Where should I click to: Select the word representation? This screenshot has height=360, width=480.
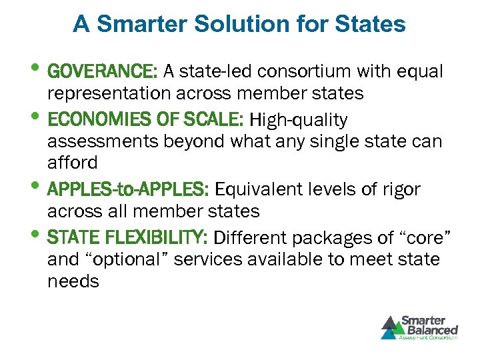click(x=115, y=93)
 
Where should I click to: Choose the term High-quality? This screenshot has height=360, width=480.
click(x=298, y=120)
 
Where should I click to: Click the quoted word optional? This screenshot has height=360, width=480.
click(x=141, y=259)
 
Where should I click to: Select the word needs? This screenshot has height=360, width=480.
click(x=73, y=281)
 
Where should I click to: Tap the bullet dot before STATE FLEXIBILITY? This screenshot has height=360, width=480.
click(x=37, y=235)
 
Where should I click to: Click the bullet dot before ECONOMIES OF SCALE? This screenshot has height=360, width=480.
click(x=37, y=118)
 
